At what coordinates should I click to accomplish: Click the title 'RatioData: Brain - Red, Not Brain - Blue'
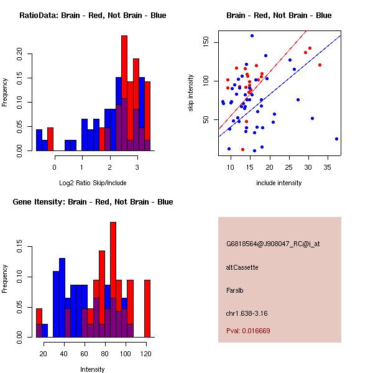click(x=92, y=16)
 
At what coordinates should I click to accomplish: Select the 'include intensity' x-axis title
click(x=279, y=183)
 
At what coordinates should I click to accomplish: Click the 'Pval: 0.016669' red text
click(x=248, y=331)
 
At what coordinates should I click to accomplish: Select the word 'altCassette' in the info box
click(x=242, y=267)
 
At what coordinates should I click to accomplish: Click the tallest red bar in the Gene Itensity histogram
click(x=113, y=279)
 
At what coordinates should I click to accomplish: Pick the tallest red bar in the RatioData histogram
click(x=124, y=93)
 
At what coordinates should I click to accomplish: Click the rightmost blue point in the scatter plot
click(x=336, y=139)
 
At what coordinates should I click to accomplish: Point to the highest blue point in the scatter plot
click(x=252, y=35)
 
